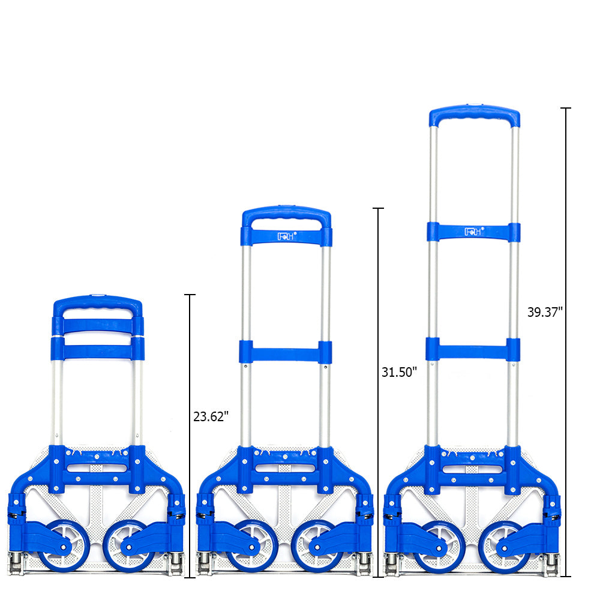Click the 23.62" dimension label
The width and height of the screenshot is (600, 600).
(211, 416)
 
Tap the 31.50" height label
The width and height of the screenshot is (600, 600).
(399, 372)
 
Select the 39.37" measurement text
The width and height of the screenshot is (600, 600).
(545, 312)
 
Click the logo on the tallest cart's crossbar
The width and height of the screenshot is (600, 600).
(474, 232)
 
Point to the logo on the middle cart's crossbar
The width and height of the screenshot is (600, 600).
(287, 236)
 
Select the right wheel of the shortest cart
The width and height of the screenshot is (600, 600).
(129, 546)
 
